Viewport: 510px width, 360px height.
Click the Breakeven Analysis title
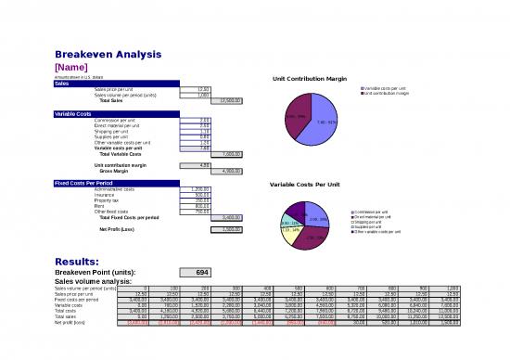[109, 54]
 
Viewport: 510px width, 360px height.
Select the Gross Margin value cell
[225, 171]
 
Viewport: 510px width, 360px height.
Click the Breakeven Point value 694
[204, 272]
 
